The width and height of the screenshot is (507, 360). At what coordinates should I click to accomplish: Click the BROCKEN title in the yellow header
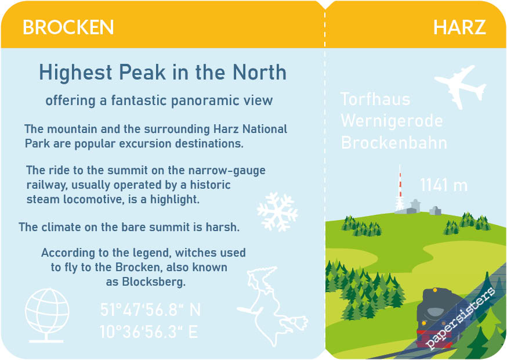point(68,27)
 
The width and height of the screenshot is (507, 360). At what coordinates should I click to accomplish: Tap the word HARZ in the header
point(459,27)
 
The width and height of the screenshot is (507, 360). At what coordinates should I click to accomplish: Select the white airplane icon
point(460,86)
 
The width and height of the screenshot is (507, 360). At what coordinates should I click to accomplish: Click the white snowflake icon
point(277,212)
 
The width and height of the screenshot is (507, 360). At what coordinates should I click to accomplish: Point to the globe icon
point(47,315)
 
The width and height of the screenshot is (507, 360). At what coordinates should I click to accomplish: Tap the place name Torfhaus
point(375,99)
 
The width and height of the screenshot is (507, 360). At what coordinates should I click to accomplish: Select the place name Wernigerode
point(392,121)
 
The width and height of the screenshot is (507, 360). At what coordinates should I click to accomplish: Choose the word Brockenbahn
point(394,142)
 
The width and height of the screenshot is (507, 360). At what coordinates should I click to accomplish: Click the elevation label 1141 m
point(444,185)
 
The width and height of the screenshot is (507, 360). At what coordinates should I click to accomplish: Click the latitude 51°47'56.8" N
point(150,310)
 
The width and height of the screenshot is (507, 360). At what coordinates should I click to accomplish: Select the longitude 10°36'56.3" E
point(149,332)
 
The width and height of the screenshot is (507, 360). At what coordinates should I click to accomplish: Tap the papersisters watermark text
point(460,318)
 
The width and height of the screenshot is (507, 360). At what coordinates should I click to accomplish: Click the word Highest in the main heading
point(75,72)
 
